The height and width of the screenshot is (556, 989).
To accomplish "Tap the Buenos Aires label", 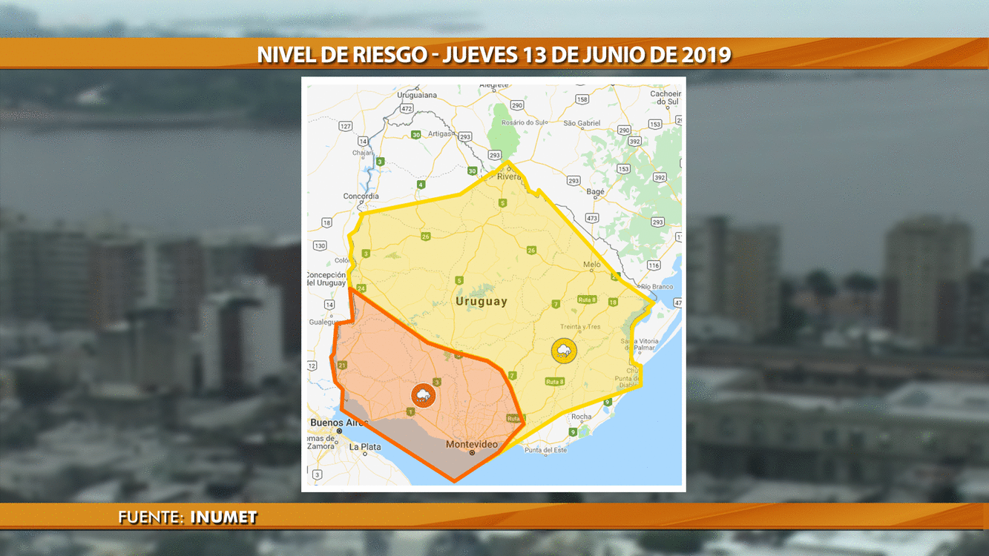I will [338, 423].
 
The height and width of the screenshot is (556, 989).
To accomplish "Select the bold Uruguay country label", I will [482, 302].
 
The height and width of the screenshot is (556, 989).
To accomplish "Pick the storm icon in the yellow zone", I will [564, 351].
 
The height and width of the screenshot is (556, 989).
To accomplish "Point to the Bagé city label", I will [595, 192].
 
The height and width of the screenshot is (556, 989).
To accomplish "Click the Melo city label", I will [591, 265].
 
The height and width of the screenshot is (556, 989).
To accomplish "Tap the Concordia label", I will [361, 196].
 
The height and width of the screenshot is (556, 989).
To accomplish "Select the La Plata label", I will [365, 447].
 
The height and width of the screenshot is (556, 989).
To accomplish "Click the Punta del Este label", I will [545, 450].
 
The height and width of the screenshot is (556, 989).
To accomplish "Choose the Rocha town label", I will [582, 417].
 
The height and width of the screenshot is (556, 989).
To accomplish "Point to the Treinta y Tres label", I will [581, 327].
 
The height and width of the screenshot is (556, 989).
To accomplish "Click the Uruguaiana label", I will [417, 96].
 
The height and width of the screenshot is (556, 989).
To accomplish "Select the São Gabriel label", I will [582, 123].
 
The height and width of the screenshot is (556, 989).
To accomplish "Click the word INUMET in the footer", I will [223, 517].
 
